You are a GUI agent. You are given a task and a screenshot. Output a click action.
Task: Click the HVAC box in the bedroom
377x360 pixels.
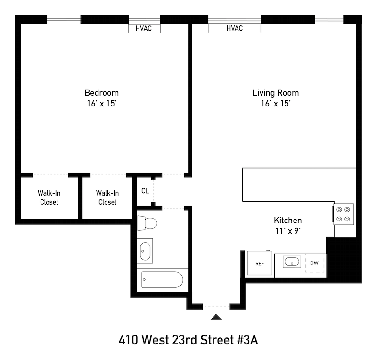pyautogui.click(x=144, y=28)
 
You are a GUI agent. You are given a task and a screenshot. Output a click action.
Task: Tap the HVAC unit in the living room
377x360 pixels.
pyautogui.click(x=234, y=28)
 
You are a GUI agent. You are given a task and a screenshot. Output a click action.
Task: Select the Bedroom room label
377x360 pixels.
pyautogui.click(x=102, y=93)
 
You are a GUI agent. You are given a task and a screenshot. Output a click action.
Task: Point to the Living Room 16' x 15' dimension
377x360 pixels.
pyautogui.click(x=276, y=103)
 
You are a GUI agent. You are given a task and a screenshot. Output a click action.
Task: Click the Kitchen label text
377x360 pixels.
pyautogui.click(x=288, y=220)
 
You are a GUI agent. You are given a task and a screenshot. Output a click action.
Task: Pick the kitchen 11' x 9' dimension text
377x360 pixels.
pyautogui.click(x=288, y=231)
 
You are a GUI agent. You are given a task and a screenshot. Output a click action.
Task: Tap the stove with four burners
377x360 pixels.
pyautogui.click(x=343, y=214)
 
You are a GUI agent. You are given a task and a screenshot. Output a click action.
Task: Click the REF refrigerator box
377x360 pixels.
pyautogui.click(x=260, y=263)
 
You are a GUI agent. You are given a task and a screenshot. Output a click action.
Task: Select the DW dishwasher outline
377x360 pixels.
pyautogui.click(x=315, y=263)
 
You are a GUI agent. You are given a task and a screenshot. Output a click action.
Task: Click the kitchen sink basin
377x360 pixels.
pyautogui.click(x=292, y=262)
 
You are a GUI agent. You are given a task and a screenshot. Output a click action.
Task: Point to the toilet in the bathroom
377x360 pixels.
pyautogui.click(x=147, y=223)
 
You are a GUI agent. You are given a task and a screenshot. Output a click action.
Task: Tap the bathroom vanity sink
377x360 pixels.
pyautogui.click(x=145, y=251)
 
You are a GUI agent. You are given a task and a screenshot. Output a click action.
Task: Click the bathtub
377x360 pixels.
pyautogui.click(x=162, y=280)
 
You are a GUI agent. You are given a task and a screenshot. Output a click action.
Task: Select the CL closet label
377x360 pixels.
pyautogui.click(x=145, y=191)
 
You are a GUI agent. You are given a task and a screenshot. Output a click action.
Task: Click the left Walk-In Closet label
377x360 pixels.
pyautogui.click(x=49, y=197)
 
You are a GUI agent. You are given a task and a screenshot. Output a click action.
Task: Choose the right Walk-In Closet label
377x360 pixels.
pyautogui.click(x=107, y=197)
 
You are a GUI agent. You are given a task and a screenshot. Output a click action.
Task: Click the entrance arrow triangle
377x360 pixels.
pyautogui.click(x=216, y=317)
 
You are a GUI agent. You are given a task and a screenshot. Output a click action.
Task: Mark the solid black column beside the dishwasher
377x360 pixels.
pyautogui.click(x=344, y=260)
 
